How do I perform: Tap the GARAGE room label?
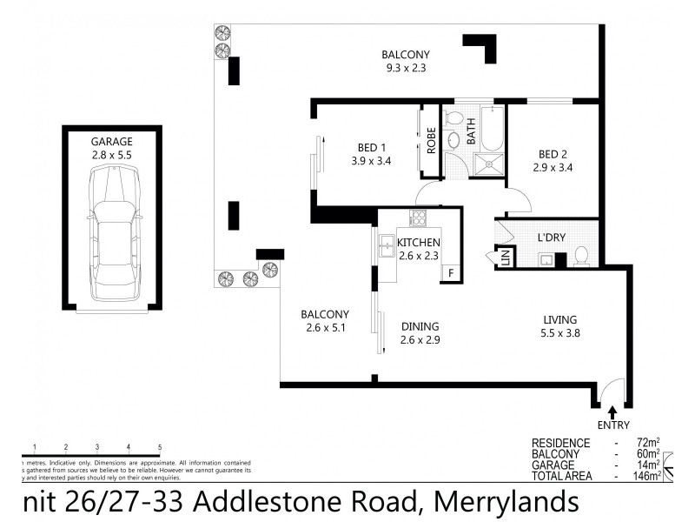point(111,142)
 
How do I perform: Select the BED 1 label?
point(372,147)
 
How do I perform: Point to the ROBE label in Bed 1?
point(430,139)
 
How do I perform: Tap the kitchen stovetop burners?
point(418,218)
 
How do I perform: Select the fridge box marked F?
point(450,273)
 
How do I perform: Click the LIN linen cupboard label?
point(504,258)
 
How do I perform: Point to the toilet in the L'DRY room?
point(582,255)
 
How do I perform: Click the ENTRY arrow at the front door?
point(613,412)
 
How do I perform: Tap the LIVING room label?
point(559,319)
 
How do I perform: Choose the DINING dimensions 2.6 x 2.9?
point(421,340)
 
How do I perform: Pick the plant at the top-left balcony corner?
point(223,34)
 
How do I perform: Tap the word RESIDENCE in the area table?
point(560,443)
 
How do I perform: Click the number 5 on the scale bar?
point(160,446)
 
